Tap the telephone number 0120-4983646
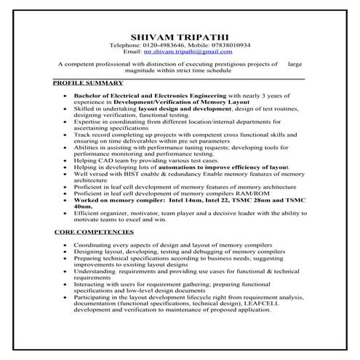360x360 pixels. click(169, 44)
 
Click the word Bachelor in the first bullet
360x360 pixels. click(93, 95)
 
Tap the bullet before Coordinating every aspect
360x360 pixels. click(66, 246)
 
